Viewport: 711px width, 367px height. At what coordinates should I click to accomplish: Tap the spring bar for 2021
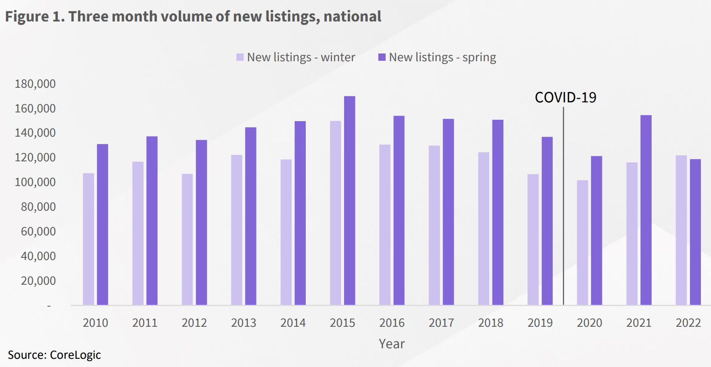646,210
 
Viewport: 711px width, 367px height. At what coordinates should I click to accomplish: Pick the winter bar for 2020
582,242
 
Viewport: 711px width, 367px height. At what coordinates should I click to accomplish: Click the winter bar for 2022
681,230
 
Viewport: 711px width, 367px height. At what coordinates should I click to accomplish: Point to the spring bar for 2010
103,224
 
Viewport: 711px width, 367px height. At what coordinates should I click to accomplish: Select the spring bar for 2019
547,221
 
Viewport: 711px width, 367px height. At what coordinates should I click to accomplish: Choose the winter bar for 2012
187,239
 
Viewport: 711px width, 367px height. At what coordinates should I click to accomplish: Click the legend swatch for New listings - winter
240,58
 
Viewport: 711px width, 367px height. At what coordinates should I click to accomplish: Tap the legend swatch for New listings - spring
382,58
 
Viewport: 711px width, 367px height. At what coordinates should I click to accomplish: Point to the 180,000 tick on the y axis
35,84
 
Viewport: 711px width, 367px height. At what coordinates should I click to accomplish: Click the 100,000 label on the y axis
35,182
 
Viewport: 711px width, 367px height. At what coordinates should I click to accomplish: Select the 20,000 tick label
38,281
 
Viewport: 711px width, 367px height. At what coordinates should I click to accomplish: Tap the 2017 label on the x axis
441,323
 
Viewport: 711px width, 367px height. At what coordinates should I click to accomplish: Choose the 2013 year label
244,323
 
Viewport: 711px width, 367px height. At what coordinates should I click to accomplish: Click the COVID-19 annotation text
565,97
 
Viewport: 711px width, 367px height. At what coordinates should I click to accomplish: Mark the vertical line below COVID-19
564,206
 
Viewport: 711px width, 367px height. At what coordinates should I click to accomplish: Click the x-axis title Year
392,344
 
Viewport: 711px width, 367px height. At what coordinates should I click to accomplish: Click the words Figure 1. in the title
35,17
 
